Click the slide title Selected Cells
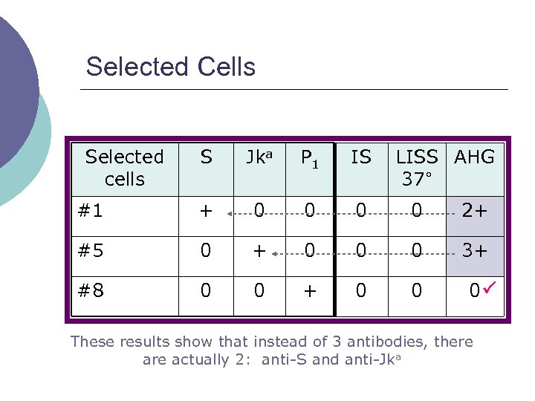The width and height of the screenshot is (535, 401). [170, 67]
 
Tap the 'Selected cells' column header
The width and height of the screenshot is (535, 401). [124, 168]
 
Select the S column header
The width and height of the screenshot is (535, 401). [206, 157]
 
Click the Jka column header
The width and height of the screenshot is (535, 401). [259, 157]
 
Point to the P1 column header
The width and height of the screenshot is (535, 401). [310, 157]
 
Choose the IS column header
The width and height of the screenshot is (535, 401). [361, 157]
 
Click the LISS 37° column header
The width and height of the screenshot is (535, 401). [416, 168]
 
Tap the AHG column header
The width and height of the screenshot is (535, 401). [474, 157]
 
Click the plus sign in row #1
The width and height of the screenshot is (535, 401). [206, 211]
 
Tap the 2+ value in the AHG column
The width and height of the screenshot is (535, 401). [475, 211]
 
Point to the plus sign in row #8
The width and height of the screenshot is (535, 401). [310, 290]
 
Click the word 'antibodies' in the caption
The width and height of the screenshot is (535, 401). [356, 342]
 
